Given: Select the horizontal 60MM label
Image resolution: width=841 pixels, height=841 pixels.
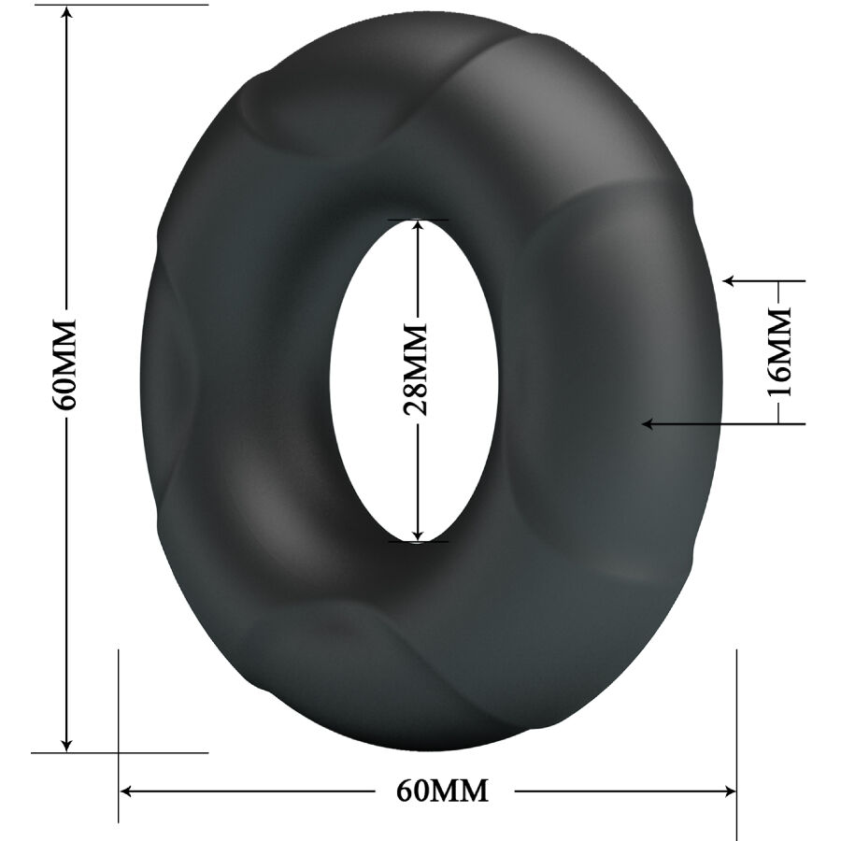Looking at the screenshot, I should [442, 791].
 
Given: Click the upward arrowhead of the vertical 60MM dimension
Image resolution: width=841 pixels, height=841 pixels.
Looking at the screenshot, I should [66, 16].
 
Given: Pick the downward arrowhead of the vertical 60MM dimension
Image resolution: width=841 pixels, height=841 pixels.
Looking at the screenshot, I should [66, 743].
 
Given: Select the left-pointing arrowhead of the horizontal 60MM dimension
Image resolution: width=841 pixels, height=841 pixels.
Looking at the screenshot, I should [129, 791].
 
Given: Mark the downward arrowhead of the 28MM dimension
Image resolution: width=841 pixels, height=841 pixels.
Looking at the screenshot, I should [418, 533].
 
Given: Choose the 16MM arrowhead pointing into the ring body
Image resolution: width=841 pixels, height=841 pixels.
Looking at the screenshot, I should [648, 424].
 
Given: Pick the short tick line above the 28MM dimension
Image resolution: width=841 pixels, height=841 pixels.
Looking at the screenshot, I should [418, 220].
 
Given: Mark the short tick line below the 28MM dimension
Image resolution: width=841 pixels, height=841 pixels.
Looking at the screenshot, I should [418, 541].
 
